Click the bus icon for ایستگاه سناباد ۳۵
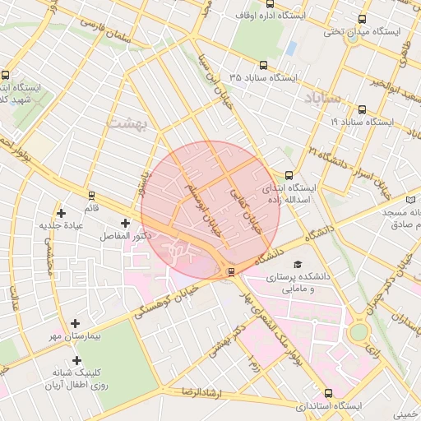pyautogui.click(x=263, y=64)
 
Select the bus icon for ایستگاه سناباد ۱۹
pyautogui.click(x=362, y=109)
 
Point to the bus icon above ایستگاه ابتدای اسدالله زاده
pyautogui.click(x=289, y=175)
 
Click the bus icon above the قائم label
pyautogui.click(x=91, y=197)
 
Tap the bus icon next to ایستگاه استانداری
pyautogui.click(x=328, y=393)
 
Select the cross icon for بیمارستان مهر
pyautogui.click(x=76, y=323)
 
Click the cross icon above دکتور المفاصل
pyautogui.click(x=125, y=223)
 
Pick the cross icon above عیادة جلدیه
pyautogui.click(x=62, y=213)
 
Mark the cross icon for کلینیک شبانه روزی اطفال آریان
pyautogui.click(x=76, y=360)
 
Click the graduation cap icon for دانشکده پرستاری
pyautogui.click(x=297, y=263)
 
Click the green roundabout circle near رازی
pyautogui.click(x=359, y=332)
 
